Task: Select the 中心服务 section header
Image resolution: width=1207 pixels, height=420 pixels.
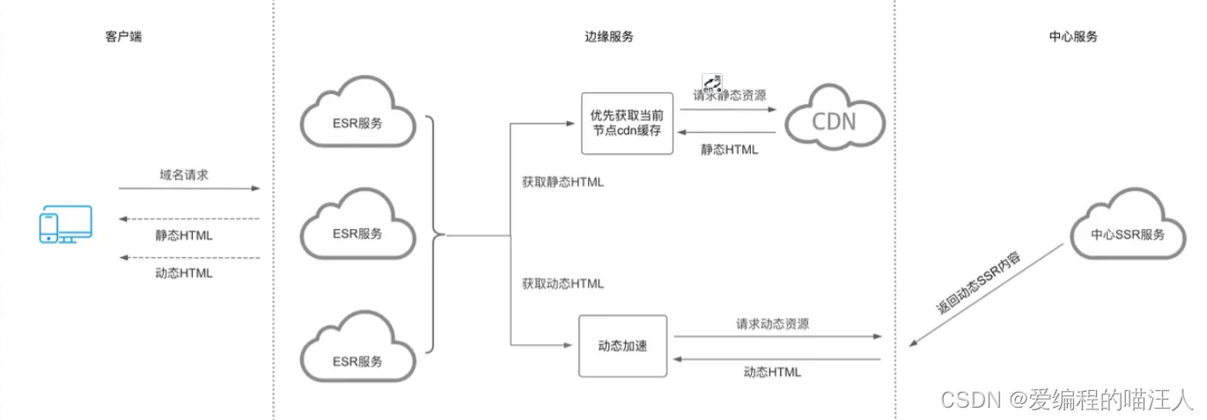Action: (x=1073, y=37)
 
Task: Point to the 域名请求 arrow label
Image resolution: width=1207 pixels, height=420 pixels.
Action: (x=184, y=174)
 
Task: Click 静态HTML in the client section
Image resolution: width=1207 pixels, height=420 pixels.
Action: (x=184, y=235)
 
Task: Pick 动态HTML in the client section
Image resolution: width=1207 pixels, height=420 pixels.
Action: (x=184, y=272)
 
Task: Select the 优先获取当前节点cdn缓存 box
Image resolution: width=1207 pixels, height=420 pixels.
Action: (x=626, y=123)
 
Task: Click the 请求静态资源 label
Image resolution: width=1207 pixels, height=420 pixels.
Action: (x=729, y=96)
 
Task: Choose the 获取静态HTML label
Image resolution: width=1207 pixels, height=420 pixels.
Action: (x=563, y=182)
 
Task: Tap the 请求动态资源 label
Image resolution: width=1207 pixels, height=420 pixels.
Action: (x=772, y=323)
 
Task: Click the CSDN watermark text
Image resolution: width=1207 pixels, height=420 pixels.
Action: (x=1066, y=400)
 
